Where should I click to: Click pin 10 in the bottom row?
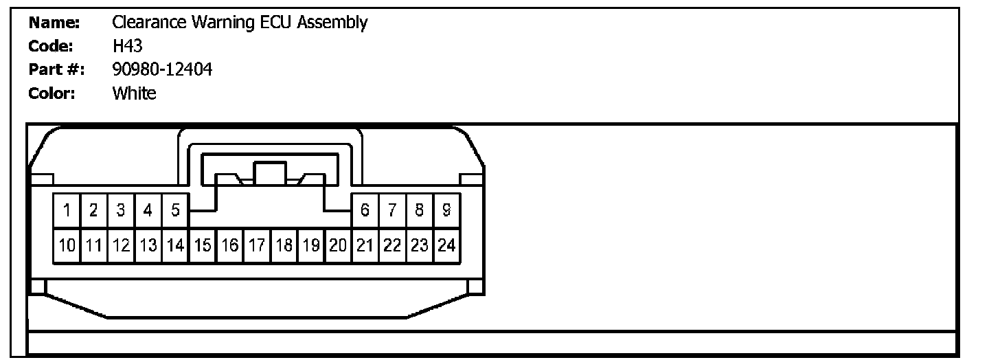tap(67, 245)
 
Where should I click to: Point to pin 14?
tap(175, 245)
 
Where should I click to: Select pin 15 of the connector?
tap(202, 245)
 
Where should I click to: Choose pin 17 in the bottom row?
tap(256, 245)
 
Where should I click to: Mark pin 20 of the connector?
tap(338, 245)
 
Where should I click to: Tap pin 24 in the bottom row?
tap(446, 245)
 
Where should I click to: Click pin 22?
tap(392, 245)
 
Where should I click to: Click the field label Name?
tap(55, 23)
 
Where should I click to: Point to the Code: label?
tap(53, 47)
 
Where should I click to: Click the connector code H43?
tap(127, 47)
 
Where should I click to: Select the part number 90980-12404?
tap(162, 70)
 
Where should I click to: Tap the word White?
tap(134, 93)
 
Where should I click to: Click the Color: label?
tap(53, 93)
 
